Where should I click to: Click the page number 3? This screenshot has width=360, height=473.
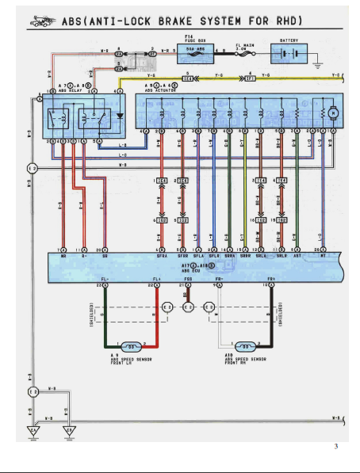[x=336, y=447]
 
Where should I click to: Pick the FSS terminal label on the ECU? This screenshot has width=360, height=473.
[x=187, y=280]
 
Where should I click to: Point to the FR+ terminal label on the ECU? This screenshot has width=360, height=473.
[x=271, y=280]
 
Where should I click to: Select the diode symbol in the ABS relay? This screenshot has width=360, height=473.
[x=120, y=115]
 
